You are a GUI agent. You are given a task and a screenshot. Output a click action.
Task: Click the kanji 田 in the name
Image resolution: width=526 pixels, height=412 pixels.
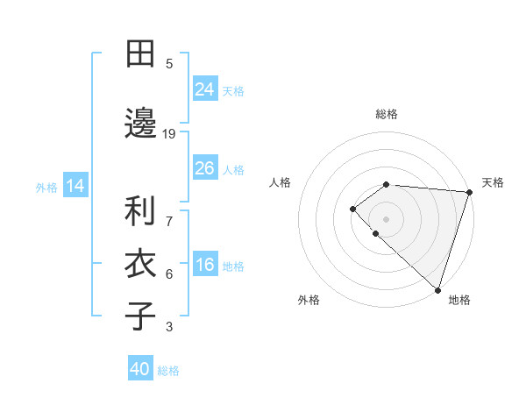click(x=140, y=54)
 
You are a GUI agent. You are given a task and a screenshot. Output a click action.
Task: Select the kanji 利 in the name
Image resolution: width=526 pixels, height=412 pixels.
click(x=140, y=211)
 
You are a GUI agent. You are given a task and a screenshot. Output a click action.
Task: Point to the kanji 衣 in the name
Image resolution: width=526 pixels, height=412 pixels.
click(x=140, y=263)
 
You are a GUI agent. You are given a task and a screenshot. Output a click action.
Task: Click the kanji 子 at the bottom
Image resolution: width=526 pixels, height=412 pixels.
click(x=140, y=315)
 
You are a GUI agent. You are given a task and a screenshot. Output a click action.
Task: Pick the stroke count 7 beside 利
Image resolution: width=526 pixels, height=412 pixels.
click(x=169, y=211)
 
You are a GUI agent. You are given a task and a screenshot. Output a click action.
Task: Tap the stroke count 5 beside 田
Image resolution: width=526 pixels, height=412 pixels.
click(x=169, y=63)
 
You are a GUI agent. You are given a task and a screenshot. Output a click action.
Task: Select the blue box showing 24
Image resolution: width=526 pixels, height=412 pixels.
click(x=204, y=89)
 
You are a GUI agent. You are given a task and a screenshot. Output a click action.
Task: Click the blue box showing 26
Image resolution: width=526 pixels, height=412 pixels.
click(x=204, y=167)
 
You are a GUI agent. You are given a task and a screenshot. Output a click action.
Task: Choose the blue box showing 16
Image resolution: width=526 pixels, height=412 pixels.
click(x=204, y=265)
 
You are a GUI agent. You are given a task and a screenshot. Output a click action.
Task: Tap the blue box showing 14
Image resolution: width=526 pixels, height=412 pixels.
click(x=75, y=185)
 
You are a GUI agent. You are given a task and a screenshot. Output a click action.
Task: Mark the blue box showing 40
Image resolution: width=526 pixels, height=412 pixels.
click(x=140, y=369)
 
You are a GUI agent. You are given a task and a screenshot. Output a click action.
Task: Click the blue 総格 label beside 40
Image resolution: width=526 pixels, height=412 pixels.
click(x=169, y=371)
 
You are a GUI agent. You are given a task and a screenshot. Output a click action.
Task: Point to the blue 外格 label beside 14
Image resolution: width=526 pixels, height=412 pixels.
click(x=46, y=187)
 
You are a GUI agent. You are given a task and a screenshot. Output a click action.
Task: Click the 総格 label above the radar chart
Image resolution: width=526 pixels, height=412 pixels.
click(x=387, y=114)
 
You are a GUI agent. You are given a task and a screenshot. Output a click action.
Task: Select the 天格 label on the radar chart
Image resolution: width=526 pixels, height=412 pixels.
click(x=493, y=182)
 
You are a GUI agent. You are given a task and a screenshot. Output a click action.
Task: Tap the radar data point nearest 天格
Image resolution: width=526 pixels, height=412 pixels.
click(x=468, y=191)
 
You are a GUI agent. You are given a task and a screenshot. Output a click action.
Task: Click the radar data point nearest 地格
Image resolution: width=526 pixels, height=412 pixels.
click(x=437, y=288)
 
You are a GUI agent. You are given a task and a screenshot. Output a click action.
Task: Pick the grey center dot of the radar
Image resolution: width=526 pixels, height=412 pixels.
click(x=387, y=218)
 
